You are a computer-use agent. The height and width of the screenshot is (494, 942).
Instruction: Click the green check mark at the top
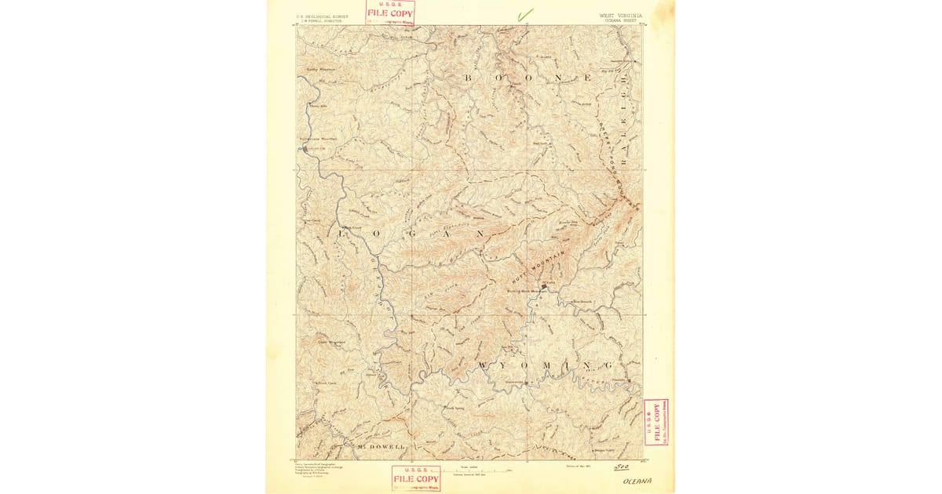524,13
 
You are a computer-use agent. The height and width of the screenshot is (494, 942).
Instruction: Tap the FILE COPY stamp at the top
390,12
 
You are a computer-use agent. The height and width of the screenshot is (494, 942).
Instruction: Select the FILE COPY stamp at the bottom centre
416,478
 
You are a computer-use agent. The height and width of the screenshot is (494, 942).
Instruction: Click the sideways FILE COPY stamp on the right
656,422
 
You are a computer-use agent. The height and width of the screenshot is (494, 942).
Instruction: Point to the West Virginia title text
619,15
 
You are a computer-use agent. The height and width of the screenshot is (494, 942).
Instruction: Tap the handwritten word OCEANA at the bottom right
637,481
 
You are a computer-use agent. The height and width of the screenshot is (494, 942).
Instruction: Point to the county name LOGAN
408,234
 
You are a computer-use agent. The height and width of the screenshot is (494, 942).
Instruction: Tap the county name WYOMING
543,365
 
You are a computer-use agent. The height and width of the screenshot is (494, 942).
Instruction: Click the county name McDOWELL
380,447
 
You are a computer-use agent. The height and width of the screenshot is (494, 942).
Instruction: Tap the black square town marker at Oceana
543,287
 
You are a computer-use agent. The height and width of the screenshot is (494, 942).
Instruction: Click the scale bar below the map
480,469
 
